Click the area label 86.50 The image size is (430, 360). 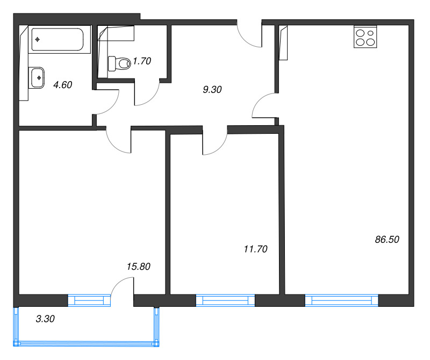(387, 239)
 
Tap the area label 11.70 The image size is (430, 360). (255, 249)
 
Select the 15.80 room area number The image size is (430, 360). (139, 267)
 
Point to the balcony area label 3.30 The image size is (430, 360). (45, 319)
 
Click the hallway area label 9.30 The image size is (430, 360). (212, 89)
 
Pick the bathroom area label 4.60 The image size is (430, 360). (63, 85)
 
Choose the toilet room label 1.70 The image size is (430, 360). (142, 61)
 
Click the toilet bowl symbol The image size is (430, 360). (119, 63)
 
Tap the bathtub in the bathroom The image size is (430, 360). (58, 39)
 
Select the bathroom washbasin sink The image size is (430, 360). (37, 78)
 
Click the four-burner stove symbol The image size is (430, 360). (365, 37)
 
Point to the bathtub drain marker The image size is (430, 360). (38, 39)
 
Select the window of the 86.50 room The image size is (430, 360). (342, 300)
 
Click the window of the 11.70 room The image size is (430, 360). (225, 300)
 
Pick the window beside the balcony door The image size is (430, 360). (89, 300)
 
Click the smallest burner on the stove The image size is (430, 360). (370, 33)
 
